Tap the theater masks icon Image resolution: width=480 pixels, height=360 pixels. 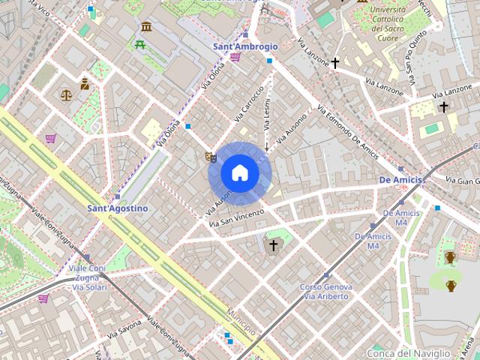click(x=211, y=157)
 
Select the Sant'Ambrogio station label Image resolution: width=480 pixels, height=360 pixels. click(x=245, y=46)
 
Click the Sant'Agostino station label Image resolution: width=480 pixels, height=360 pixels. click(x=117, y=208)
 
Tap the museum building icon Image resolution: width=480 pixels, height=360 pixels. click(x=145, y=27)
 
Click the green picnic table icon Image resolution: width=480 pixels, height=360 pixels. click(x=140, y=44)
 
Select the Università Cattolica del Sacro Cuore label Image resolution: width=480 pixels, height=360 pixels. click(x=388, y=22)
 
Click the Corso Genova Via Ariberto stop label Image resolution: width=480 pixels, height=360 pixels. click(x=325, y=292)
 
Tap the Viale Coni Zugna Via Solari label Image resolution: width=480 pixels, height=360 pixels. click(x=88, y=277)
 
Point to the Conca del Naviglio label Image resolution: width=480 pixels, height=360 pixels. click(x=409, y=352)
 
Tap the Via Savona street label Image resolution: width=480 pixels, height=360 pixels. click(x=124, y=328)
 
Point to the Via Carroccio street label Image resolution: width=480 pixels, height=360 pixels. click(x=249, y=104)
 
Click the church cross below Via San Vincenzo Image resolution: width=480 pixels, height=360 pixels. click(x=273, y=245)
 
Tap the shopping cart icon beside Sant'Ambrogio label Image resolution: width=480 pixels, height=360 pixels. click(x=235, y=57)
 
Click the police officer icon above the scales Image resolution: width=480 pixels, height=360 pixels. click(x=85, y=84)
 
